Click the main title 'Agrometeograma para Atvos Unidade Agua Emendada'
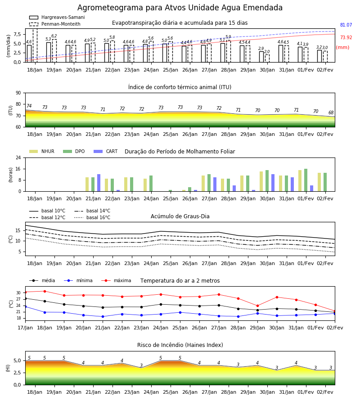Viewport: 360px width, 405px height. click(x=180, y=8)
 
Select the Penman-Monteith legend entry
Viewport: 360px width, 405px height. click(x=55, y=24)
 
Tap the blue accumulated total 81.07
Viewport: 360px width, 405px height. click(x=346, y=25)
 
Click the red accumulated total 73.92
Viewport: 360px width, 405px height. click(x=346, y=37)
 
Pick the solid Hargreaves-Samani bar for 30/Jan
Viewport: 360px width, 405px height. click(x=261, y=57)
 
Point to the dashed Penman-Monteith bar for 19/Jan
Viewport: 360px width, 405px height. click(x=54, y=51)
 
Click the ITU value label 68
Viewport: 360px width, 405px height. click(x=331, y=112)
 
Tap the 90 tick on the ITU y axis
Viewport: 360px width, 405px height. click(x=18, y=93)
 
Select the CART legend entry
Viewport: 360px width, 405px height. click(x=106, y=151)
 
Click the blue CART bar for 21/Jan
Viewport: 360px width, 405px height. click(x=99, y=183)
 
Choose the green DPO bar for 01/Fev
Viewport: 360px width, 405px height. click(x=306, y=180)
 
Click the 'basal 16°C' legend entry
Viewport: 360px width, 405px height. click(x=92, y=217)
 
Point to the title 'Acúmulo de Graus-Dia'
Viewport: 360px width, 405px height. click(x=180, y=216)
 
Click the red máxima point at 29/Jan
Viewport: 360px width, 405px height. click(x=257, y=306)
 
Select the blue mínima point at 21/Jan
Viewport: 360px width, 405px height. click(x=103, y=316)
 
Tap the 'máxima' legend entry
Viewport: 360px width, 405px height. click(x=117, y=280)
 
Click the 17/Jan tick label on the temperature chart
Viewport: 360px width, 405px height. click(x=25, y=328)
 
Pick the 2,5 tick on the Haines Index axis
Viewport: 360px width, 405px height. click(x=17, y=373)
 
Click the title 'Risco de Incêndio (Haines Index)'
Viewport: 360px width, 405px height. click(x=180, y=345)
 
